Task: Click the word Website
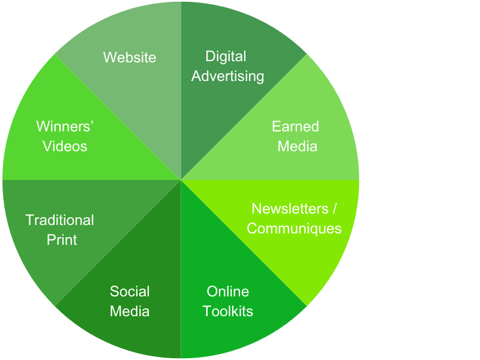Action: point(130,57)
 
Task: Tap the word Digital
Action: point(226,56)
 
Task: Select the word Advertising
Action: point(227,76)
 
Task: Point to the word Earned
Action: point(295,127)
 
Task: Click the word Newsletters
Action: point(290,209)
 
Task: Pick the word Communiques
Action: point(294,229)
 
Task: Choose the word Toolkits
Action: point(227,311)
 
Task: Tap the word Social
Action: point(130,292)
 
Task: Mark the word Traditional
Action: point(60,220)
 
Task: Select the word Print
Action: point(62,240)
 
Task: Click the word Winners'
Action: point(65,127)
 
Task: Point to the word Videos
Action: point(65,146)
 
